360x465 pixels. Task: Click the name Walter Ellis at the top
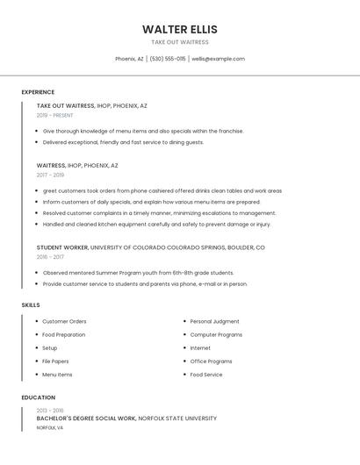tap(179, 29)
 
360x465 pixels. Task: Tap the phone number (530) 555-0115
tap(168, 59)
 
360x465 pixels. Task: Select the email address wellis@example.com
tap(218, 59)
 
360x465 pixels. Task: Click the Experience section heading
tap(38, 92)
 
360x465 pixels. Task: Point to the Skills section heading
tap(31, 304)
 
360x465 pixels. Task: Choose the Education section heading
tap(38, 397)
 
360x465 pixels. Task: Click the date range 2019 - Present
tap(55, 115)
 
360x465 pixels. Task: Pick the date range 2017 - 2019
tap(50, 175)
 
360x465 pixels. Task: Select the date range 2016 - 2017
tap(50, 257)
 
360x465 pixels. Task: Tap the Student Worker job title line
tap(150, 247)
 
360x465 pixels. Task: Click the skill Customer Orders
tap(64, 321)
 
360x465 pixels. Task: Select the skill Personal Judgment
tap(214, 321)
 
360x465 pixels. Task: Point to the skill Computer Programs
tap(216, 334)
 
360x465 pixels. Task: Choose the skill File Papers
tap(55, 361)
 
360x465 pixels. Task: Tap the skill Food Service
tap(206, 375)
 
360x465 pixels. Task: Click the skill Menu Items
tap(57, 375)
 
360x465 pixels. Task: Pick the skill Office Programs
tap(211, 361)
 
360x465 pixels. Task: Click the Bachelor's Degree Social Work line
tap(126, 418)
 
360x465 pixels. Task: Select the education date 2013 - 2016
tap(50, 410)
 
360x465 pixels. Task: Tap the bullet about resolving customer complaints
tap(159, 212)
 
